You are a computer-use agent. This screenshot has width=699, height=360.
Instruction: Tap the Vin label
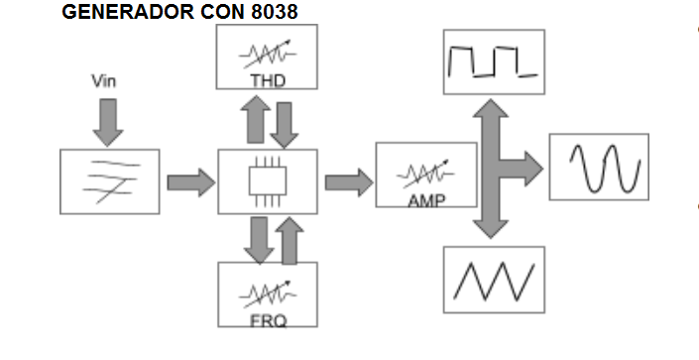click(x=103, y=81)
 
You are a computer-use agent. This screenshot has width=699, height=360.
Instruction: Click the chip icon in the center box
click(x=267, y=181)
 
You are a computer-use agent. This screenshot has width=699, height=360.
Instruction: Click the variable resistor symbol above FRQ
click(x=266, y=294)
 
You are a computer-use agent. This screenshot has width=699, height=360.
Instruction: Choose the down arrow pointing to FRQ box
click(x=258, y=239)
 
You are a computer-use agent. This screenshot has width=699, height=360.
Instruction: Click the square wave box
click(x=493, y=61)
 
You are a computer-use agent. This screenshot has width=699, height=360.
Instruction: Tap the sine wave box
click(x=599, y=167)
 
